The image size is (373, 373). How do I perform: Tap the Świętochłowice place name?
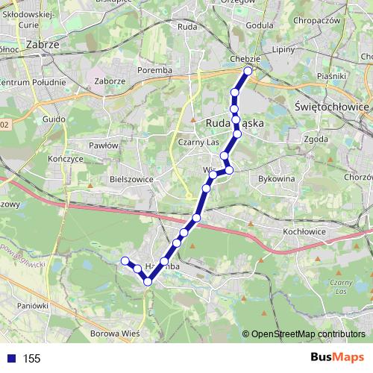click(x=332, y=107)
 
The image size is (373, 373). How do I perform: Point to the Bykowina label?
click(x=276, y=179)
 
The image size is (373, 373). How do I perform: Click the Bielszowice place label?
click(x=131, y=180)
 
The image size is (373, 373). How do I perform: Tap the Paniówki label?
click(x=33, y=305)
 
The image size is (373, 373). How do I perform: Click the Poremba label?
click(x=155, y=71)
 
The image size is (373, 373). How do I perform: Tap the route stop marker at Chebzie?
click(x=248, y=72)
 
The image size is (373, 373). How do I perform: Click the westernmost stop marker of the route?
click(x=125, y=260)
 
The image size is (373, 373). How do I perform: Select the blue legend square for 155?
click(x=10, y=359)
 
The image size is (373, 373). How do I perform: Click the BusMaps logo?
click(x=336, y=358)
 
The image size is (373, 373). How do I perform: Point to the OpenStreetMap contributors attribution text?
click(x=308, y=333)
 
